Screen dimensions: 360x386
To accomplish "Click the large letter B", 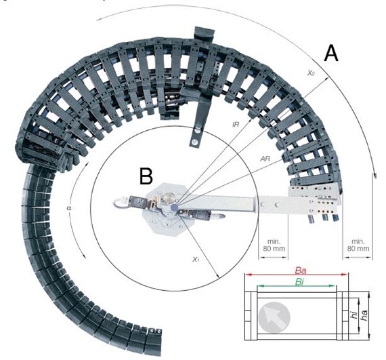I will pos(146,176).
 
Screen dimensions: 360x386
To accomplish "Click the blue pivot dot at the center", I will pos(175,206).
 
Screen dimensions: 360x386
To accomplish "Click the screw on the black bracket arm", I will pos(196,141).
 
